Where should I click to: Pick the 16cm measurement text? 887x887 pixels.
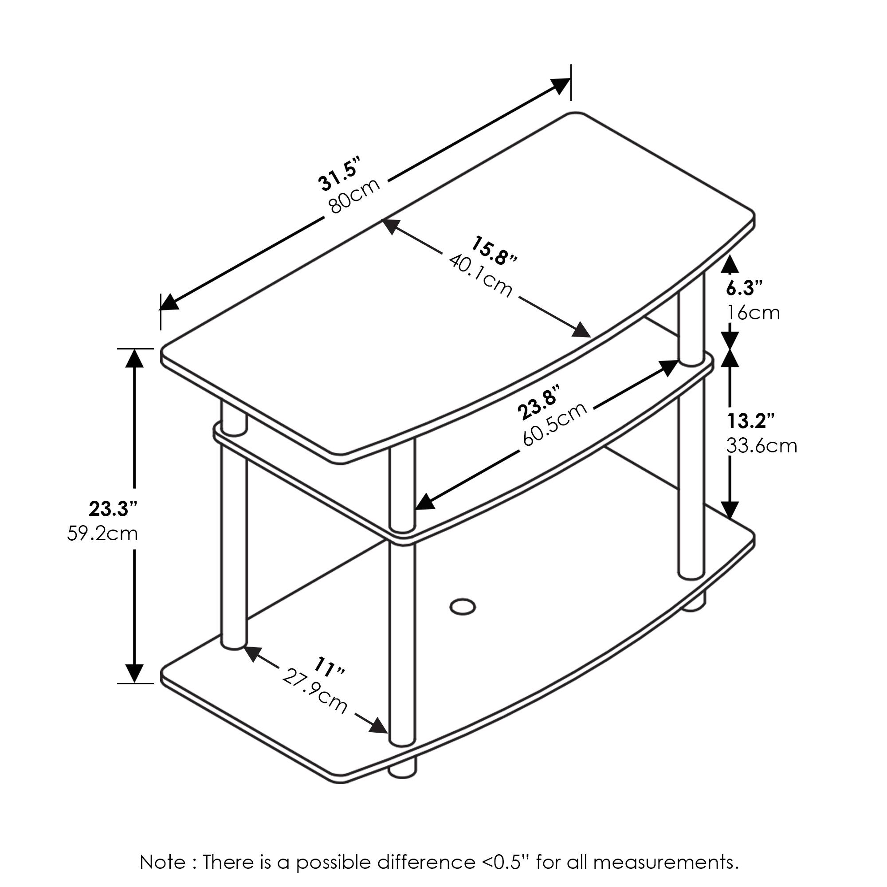[x=754, y=313]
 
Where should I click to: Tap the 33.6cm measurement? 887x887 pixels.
[x=761, y=446]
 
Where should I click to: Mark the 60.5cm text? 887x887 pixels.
[x=555, y=424]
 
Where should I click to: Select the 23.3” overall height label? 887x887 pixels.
[x=113, y=509]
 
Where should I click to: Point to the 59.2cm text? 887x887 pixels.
[x=102, y=534]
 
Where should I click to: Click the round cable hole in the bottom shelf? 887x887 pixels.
[x=462, y=606]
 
